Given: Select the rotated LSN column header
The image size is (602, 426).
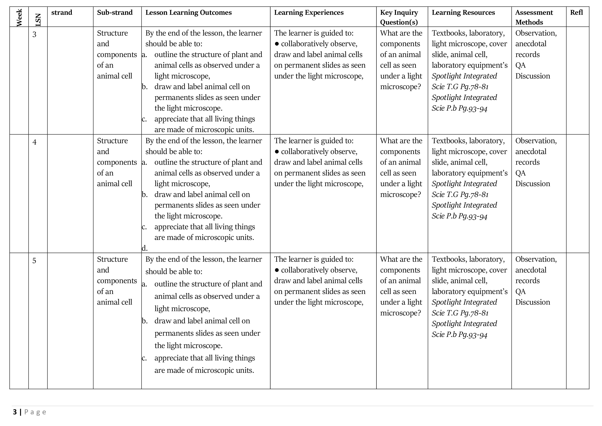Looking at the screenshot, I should pyautogui.click(x=38, y=20).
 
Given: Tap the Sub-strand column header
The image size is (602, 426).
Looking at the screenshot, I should pyautogui.click(x=115, y=13).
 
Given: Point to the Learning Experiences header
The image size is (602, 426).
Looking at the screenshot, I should pyautogui.click(x=309, y=13).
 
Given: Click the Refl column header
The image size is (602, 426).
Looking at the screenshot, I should pyautogui.click(x=576, y=13).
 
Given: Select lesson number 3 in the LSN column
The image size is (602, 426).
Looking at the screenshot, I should pyautogui.click(x=34, y=34).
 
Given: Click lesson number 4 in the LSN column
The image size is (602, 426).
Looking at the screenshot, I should pyautogui.click(x=34, y=142).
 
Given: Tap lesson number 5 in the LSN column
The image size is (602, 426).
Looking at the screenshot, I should pyautogui.click(x=34, y=261).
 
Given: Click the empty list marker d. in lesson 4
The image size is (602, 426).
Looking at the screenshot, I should pyautogui.click(x=144, y=248).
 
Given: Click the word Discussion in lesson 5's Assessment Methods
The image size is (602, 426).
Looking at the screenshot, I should pyautogui.click(x=532, y=302).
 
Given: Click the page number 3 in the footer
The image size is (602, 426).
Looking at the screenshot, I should pyautogui.click(x=15, y=412).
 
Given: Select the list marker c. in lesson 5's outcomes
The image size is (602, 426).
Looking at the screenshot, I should pyautogui.click(x=144, y=358).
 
